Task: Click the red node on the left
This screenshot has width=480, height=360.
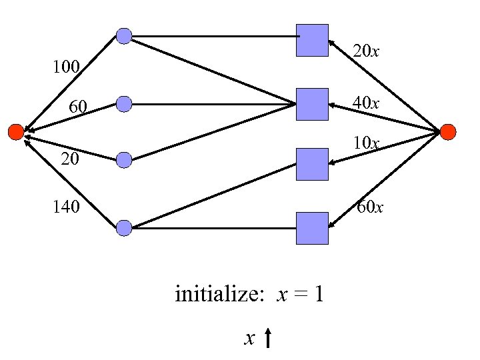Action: pyautogui.click(x=15, y=132)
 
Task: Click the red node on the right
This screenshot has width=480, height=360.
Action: pyautogui.click(x=448, y=132)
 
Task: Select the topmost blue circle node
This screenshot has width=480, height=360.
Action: pyautogui.click(x=124, y=36)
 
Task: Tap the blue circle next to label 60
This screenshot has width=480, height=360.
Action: pyautogui.click(x=124, y=104)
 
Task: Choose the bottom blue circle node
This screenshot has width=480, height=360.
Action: pyautogui.click(x=124, y=228)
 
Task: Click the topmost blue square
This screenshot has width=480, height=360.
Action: pyautogui.click(x=312, y=40)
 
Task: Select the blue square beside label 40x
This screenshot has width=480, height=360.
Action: pyautogui.click(x=312, y=104)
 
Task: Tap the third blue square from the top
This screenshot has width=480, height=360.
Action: pyautogui.click(x=312, y=164)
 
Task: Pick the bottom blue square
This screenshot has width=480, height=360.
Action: pyautogui.click(x=312, y=228)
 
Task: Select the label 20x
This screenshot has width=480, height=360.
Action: pyautogui.click(x=366, y=51)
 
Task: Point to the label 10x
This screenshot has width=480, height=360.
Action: pyautogui.click(x=366, y=143)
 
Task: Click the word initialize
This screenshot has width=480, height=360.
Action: pyautogui.click(x=215, y=294)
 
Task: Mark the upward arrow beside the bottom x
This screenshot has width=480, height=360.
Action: pyautogui.click(x=267, y=339)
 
